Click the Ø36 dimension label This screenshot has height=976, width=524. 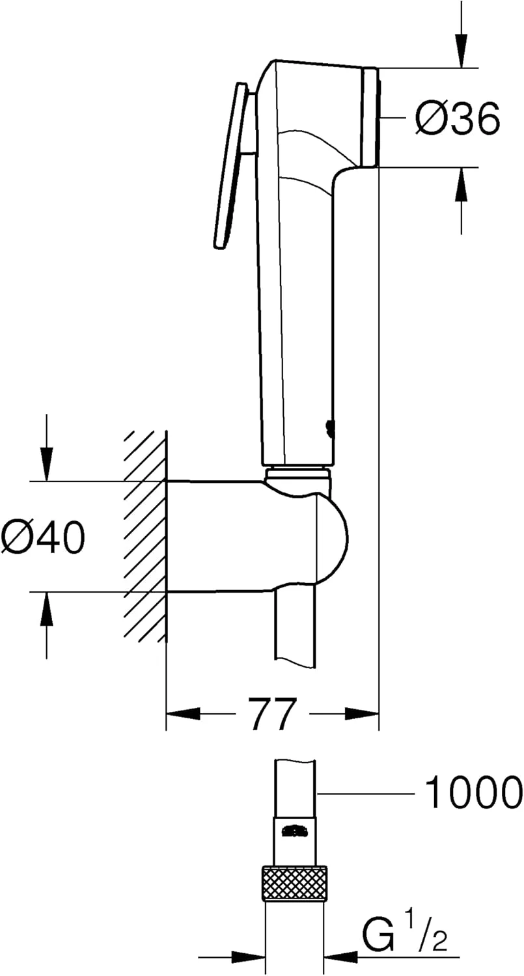point(458,118)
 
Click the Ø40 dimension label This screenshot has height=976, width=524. point(43,537)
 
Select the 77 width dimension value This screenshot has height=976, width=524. point(272,714)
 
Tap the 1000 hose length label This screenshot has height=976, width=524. point(473,793)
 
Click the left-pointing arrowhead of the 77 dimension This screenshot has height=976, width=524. point(182,714)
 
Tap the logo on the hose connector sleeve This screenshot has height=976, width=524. point(294,831)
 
